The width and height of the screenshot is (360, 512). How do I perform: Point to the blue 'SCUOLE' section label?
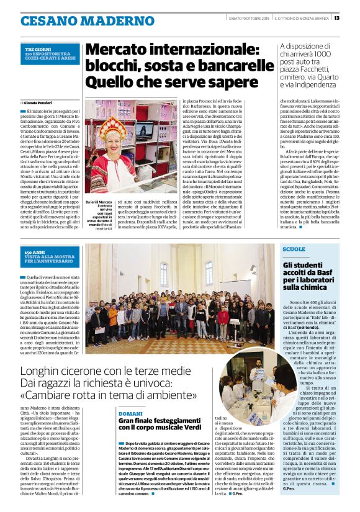click(293, 249)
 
